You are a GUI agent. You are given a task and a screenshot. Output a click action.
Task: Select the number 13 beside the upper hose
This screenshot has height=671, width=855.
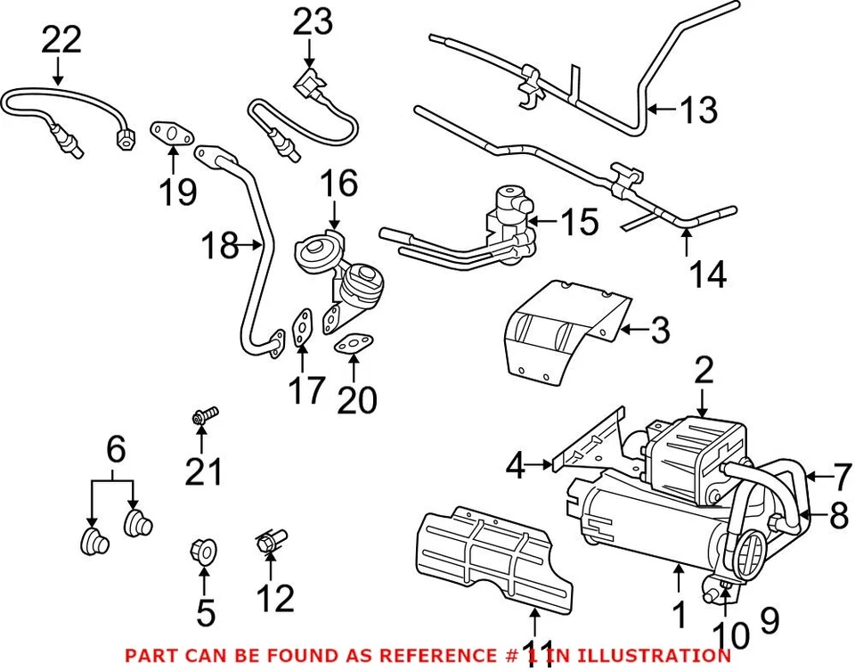pos(697,110)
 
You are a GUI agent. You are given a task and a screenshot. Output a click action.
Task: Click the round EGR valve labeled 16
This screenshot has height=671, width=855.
pos(317,250)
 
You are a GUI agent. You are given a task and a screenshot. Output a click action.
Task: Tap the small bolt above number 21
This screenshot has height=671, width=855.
pos(203,415)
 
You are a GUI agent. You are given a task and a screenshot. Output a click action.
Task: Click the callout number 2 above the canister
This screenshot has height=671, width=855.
pos(704,372)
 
